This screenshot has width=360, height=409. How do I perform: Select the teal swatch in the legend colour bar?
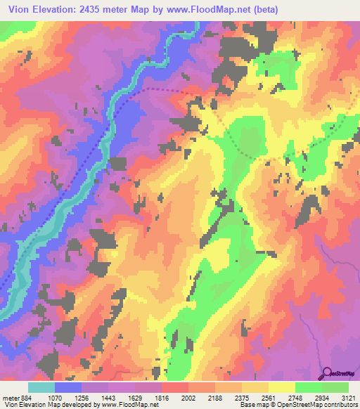click(x=41, y=387)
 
